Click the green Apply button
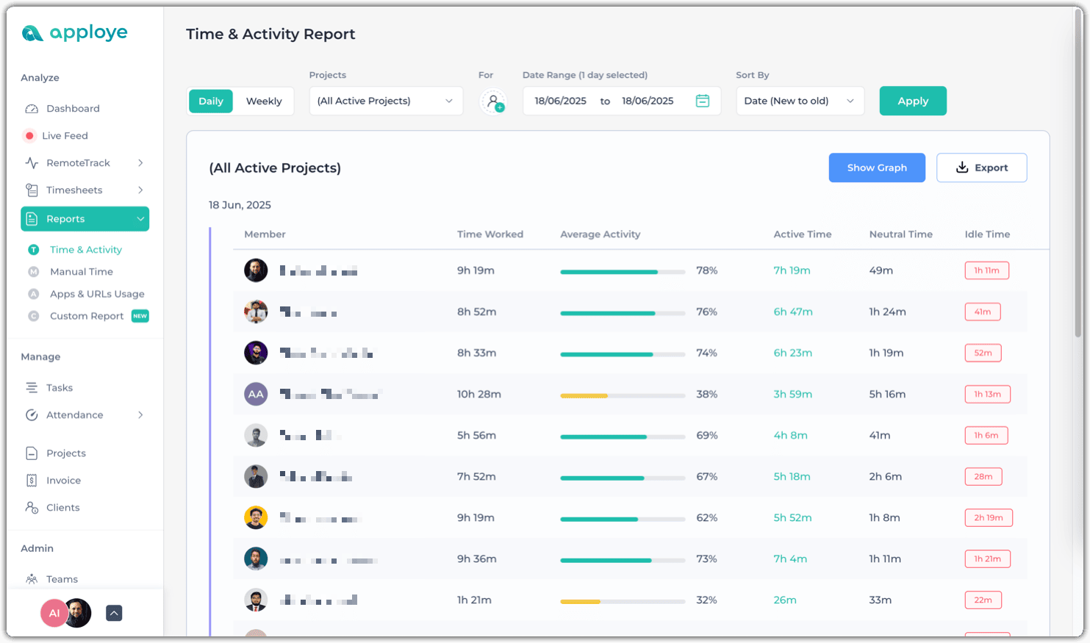pos(912,101)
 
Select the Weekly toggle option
pos(263,101)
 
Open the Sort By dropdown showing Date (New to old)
pos(800,101)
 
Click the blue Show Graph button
pos(876,168)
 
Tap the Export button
pos(981,168)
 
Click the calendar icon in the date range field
pos(702,101)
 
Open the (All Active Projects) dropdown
pos(385,101)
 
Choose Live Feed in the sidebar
pos(65,136)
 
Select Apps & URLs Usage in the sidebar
pos(97,294)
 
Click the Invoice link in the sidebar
pos(63,481)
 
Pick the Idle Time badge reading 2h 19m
pos(988,518)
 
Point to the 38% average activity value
pos(706,395)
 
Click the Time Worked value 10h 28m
pos(478,395)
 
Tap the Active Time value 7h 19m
pos(792,270)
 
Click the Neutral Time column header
pos(900,234)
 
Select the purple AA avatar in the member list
pos(256,395)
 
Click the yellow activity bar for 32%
pos(581,601)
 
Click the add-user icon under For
pos(493,101)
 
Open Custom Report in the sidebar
pos(87,316)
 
